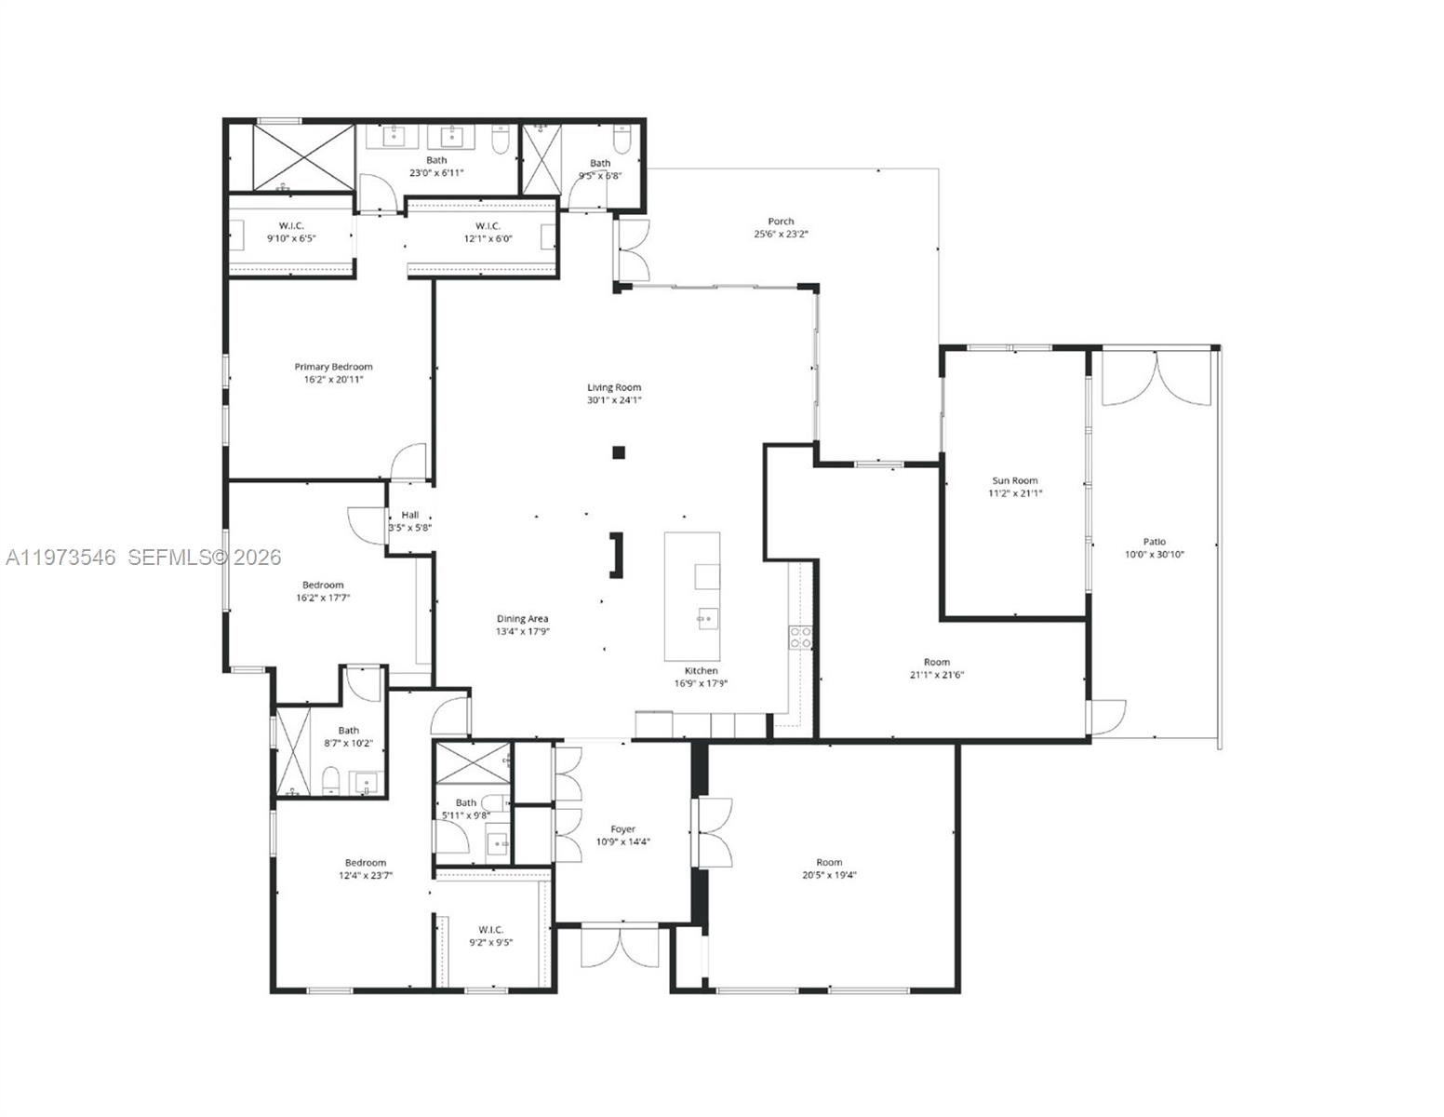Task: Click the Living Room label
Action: click(614, 387)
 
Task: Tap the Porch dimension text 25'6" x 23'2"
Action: click(781, 235)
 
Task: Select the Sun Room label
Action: click(1014, 480)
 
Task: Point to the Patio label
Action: click(1154, 542)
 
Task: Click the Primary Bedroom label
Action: click(333, 367)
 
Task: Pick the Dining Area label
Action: click(522, 618)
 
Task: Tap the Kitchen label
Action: click(701, 670)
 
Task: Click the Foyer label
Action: click(622, 828)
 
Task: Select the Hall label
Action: click(409, 515)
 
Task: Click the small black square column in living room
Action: click(618, 453)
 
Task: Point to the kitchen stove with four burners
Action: click(799, 637)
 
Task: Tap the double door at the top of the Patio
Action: click(1154, 379)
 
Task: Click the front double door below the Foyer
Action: click(619, 947)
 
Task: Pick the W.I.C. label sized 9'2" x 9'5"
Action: click(490, 929)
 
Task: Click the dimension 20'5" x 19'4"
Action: click(828, 875)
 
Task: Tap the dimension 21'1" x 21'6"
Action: click(936, 675)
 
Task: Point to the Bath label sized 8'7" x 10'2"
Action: click(348, 731)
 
